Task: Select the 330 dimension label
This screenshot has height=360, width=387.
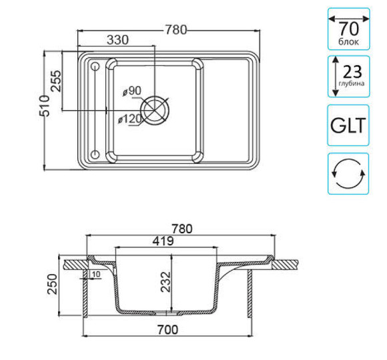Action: tap(117, 41)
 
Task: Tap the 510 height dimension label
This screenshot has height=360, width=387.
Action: tap(44, 106)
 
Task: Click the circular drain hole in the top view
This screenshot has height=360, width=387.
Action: tap(157, 110)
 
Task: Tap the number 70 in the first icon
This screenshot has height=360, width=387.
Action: tap(348, 29)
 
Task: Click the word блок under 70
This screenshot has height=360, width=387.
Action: tap(348, 42)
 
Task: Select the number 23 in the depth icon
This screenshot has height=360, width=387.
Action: tap(353, 73)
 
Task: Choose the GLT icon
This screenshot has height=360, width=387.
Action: tap(348, 125)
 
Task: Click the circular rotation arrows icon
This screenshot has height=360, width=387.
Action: tap(348, 173)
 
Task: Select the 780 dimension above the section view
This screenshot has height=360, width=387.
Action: tap(179, 228)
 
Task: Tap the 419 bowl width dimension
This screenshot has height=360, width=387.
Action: tap(162, 240)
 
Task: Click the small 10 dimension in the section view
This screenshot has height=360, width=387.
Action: tap(97, 274)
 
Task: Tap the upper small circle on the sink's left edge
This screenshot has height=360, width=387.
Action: tap(94, 66)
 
